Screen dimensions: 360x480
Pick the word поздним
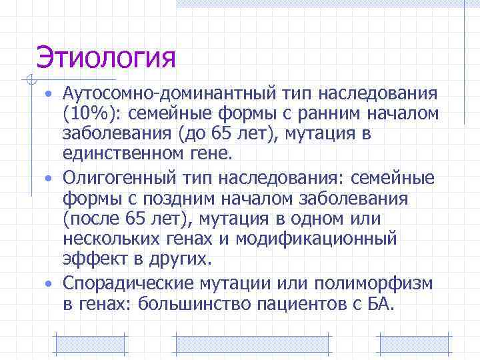(181, 199)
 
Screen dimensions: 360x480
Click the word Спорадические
(128, 284)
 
